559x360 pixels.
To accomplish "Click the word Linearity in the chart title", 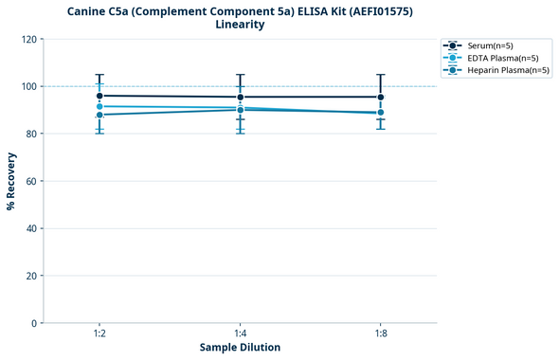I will [x=240, y=25].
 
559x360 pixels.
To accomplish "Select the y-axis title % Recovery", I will [x=11, y=181].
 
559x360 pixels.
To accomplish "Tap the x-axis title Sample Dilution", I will [x=240, y=348].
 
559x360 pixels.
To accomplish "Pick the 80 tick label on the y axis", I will [x=30, y=134].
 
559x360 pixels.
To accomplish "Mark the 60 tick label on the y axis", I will [x=30, y=181].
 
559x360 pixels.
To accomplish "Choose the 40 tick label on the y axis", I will [x=30, y=228].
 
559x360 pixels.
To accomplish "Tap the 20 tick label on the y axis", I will [x=30, y=276].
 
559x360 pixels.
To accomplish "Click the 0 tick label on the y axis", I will [x=33, y=323].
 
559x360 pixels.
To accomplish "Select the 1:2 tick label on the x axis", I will [x=99, y=333].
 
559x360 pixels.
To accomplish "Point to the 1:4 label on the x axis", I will [x=240, y=333].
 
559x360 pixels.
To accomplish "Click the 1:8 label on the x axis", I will [x=381, y=333].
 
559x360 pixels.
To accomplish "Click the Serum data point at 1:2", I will [x=99, y=96].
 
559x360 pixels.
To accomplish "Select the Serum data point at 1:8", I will [x=381, y=97].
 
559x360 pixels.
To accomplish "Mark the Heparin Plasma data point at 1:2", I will [x=99, y=115].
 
